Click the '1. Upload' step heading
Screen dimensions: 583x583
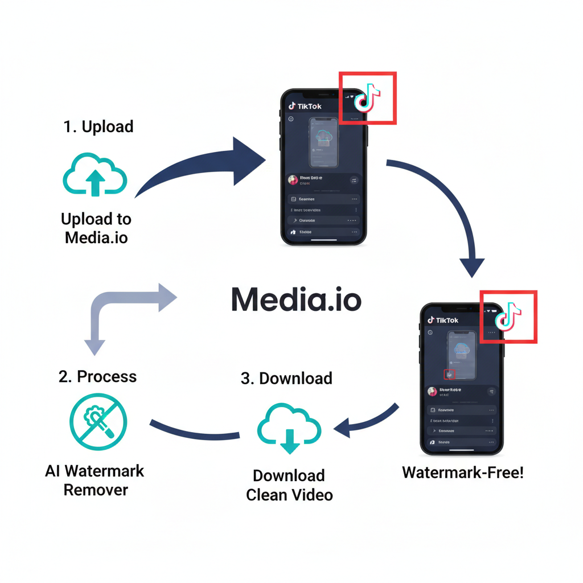coord(98,126)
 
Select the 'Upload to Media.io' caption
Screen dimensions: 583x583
coord(96,228)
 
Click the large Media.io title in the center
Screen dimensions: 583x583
coord(296,299)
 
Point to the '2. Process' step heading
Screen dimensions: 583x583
coord(97,376)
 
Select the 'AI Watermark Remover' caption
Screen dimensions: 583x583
coord(95,480)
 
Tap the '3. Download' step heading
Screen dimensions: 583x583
coord(286,378)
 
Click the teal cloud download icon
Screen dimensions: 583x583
coord(289,428)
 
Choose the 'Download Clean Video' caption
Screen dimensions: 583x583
coord(289,485)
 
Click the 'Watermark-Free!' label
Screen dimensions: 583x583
coord(462,472)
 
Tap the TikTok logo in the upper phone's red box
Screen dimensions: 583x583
coord(367,98)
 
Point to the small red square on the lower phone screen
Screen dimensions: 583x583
coord(449,373)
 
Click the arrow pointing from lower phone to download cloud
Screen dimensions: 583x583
coord(364,420)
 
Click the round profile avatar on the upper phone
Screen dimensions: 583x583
coord(293,179)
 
